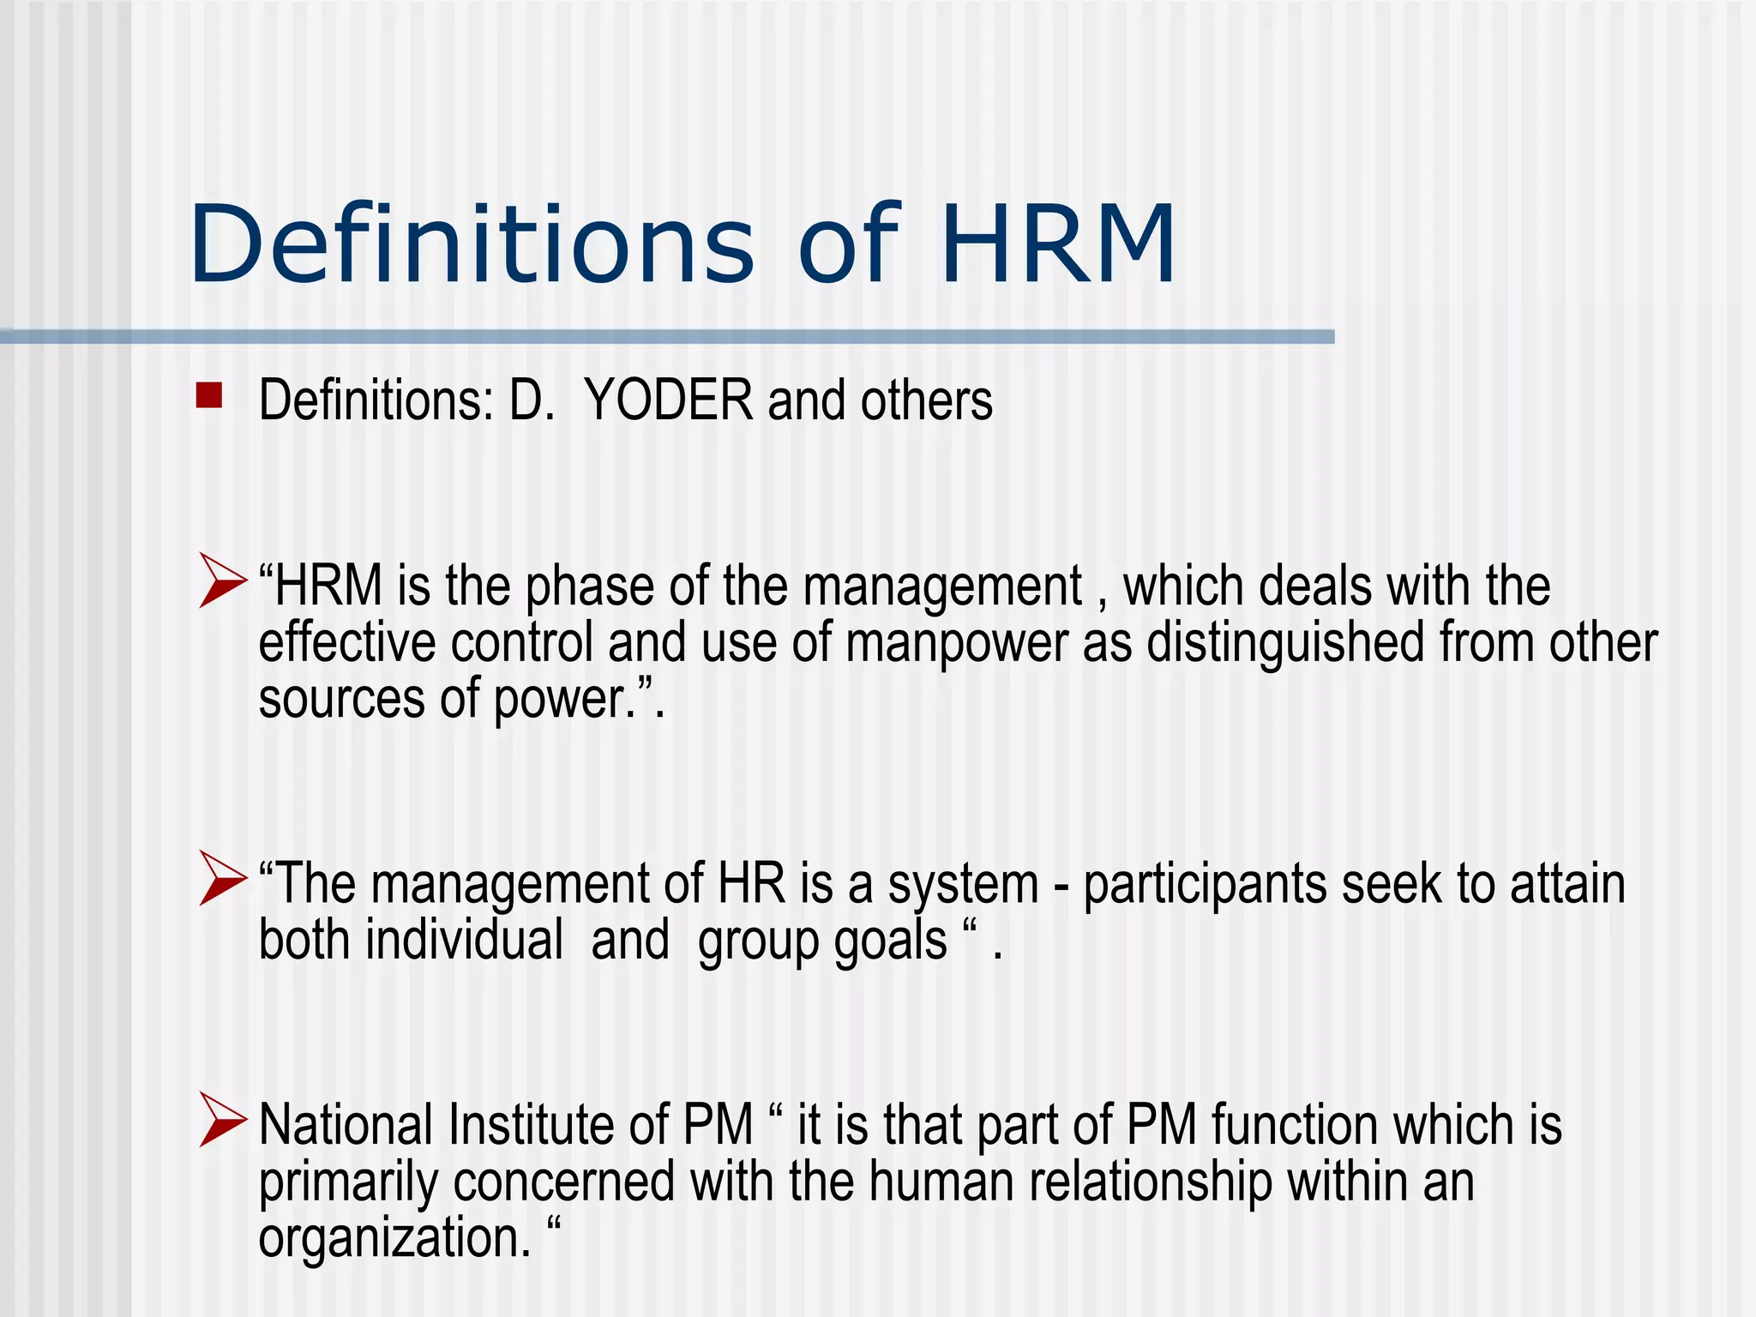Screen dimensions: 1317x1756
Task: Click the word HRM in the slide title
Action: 1057,244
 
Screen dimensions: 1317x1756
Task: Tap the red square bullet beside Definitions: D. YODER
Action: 209,395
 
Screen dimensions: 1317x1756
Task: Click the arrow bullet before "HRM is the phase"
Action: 222,580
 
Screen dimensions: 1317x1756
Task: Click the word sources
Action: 341,700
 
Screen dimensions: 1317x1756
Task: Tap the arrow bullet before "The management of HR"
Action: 222,877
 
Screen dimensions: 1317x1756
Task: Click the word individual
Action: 464,941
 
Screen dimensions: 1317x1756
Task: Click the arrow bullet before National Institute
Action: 222,1119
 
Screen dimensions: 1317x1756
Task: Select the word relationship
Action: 1151,1182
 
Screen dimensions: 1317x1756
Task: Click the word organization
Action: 394,1239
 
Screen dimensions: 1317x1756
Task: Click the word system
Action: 963,886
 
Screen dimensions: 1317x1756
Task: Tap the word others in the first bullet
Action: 926,401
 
